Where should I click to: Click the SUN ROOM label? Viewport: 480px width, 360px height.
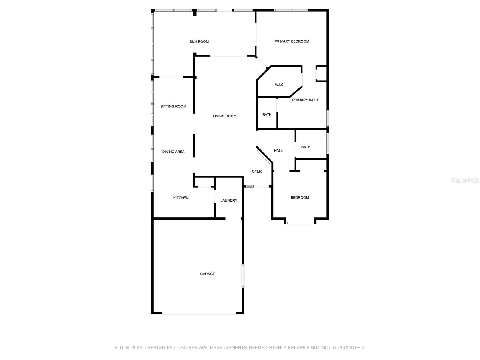click(x=199, y=42)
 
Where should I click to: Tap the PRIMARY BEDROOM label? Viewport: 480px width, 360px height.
click(x=292, y=41)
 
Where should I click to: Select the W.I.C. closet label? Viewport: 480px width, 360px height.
click(x=280, y=85)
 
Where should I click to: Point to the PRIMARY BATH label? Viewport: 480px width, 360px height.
click(x=305, y=100)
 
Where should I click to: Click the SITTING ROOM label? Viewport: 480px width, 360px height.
click(x=173, y=106)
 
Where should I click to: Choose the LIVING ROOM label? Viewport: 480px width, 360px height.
click(x=225, y=116)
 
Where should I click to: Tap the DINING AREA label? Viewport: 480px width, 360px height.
click(x=173, y=152)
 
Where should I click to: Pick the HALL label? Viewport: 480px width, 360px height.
click(x=278, y=151)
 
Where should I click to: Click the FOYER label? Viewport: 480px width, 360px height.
click(x=256, y=171)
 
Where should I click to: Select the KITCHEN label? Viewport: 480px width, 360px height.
click(x=181, y=198)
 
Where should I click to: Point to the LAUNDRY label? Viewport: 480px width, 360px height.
click(x=229, y=201)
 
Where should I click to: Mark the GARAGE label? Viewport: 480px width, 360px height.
click(x=208, y=274)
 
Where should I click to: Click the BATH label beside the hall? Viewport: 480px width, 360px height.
click(x=306, y=147)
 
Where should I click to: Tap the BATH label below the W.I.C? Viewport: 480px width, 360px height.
click(x=267, y=115)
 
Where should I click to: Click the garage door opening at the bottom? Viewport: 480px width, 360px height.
click(x=199, y=313)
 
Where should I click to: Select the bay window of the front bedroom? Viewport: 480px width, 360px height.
click(x=300, y=223)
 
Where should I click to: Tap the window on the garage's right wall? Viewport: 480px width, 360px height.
click(x=243, y=276)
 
